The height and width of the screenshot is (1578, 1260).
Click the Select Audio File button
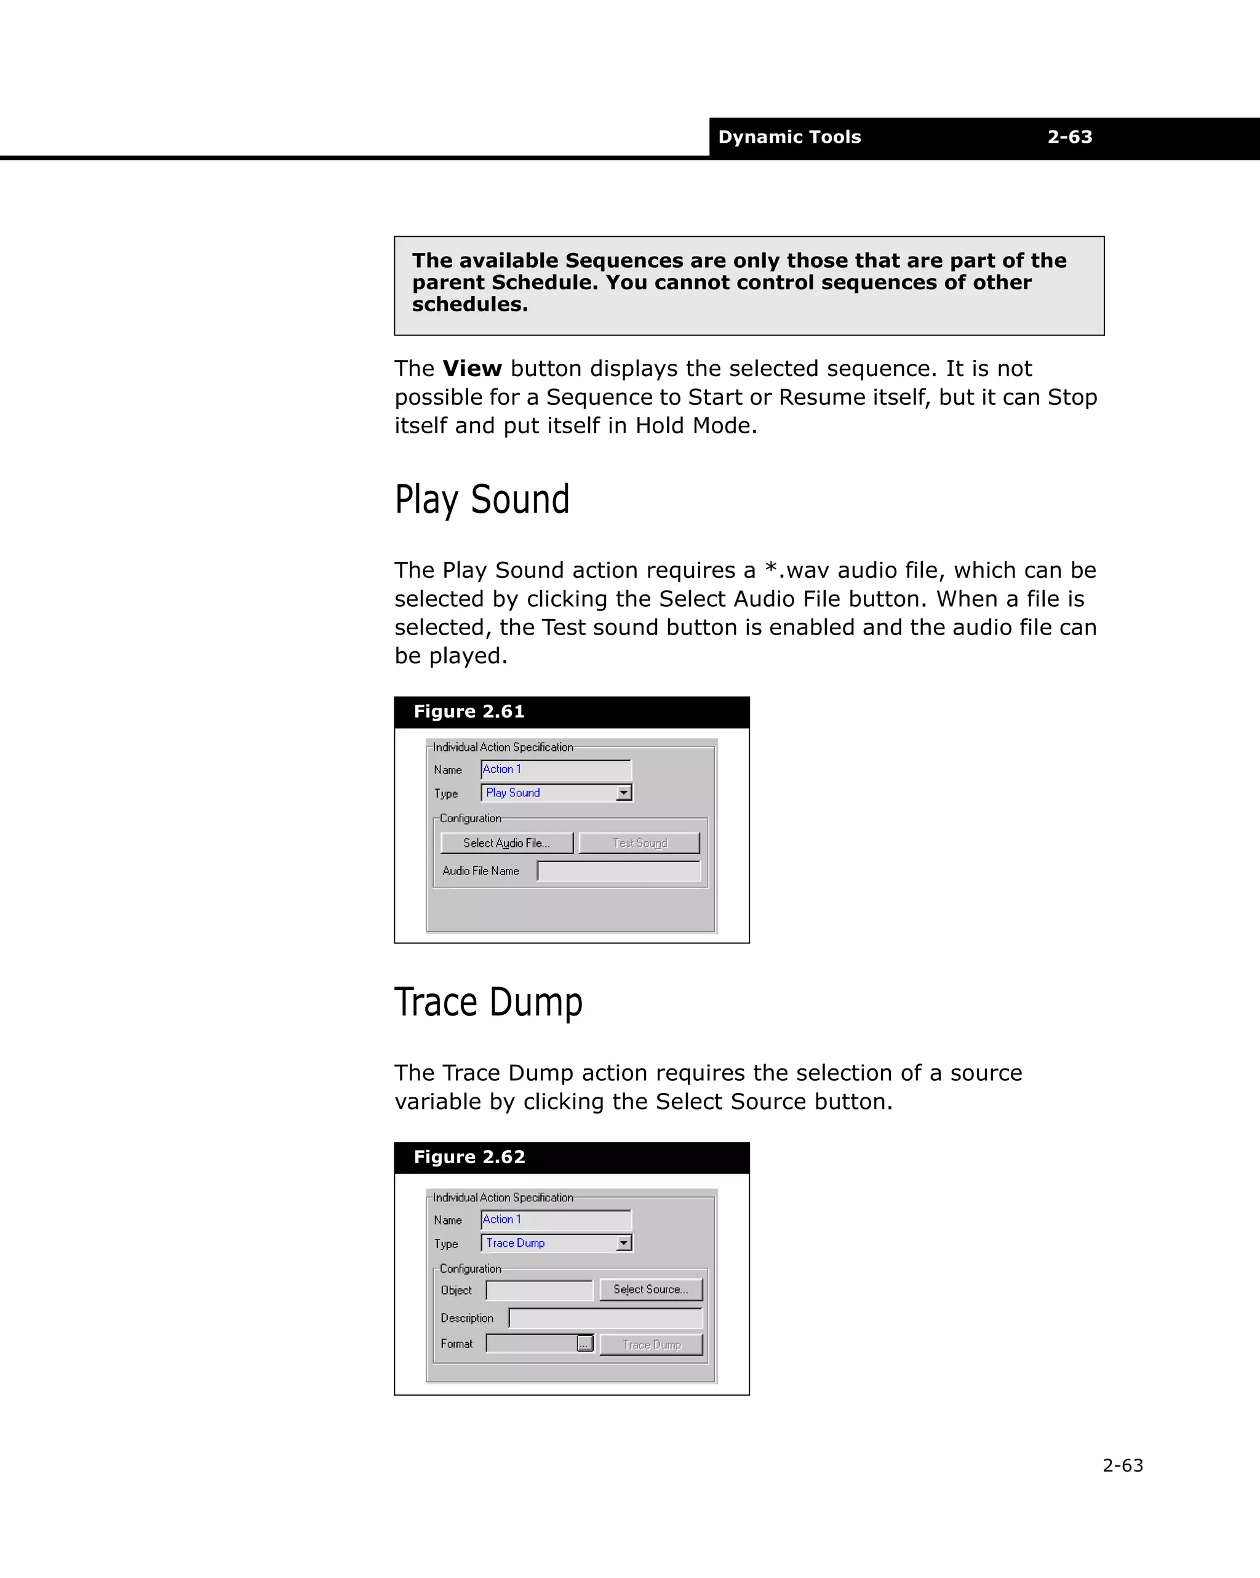click(x=506, y=843)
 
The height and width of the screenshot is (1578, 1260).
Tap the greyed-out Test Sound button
click(x=639, y=843)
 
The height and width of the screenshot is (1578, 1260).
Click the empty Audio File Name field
click(x=618, y=871)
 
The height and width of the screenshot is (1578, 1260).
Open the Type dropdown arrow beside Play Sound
click(x=623, y=793)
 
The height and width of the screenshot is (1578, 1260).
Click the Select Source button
click(x=650, y=1289)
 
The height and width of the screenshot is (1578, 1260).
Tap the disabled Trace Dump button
click(x=650, y=1345)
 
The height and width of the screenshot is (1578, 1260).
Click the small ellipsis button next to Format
click(x=584, y=1344)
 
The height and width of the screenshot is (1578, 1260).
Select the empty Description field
click(x=605, y=1318)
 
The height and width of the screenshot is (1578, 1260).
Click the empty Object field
click(x=540, y=1291)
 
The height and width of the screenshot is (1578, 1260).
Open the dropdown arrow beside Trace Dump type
click(x=623, y=1243)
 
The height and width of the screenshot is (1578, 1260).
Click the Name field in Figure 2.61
click(x=556, y=769)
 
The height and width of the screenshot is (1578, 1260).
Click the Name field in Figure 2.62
click(x=556, y=1219)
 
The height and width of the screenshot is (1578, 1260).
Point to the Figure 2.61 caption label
click(x=469, y=711)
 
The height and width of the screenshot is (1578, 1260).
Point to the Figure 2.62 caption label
click(x=469, y=1157)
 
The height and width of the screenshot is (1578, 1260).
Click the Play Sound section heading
click(x=482, y=500)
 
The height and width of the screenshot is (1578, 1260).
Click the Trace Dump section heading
click(x=488, y=1003)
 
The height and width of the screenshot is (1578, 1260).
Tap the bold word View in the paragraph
click(x=472, y=368)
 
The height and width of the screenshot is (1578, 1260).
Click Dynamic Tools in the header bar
click(x=789, y=137)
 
